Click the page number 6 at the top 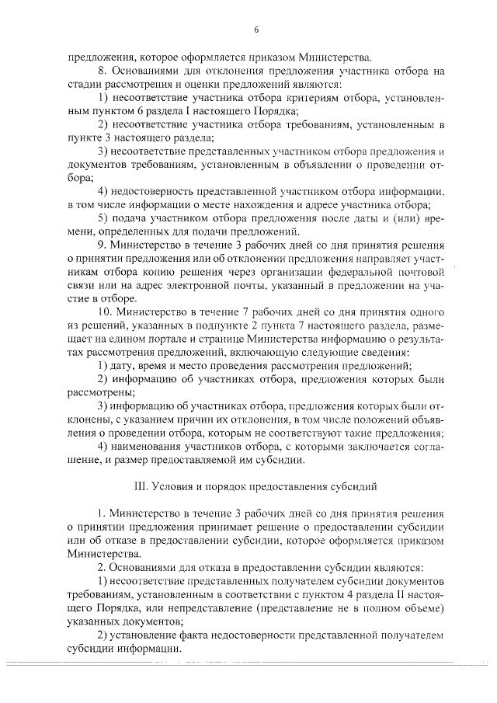(255, 30)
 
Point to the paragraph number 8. (101, 71)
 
